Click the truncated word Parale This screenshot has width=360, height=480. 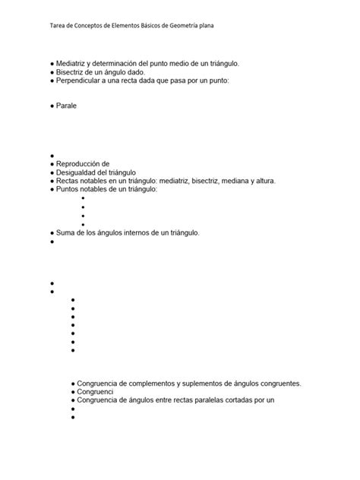[67, 106]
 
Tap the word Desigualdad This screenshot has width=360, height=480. [77, 172]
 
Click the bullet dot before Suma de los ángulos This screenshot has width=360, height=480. [52, 233]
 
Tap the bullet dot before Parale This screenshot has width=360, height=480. [52, 107]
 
